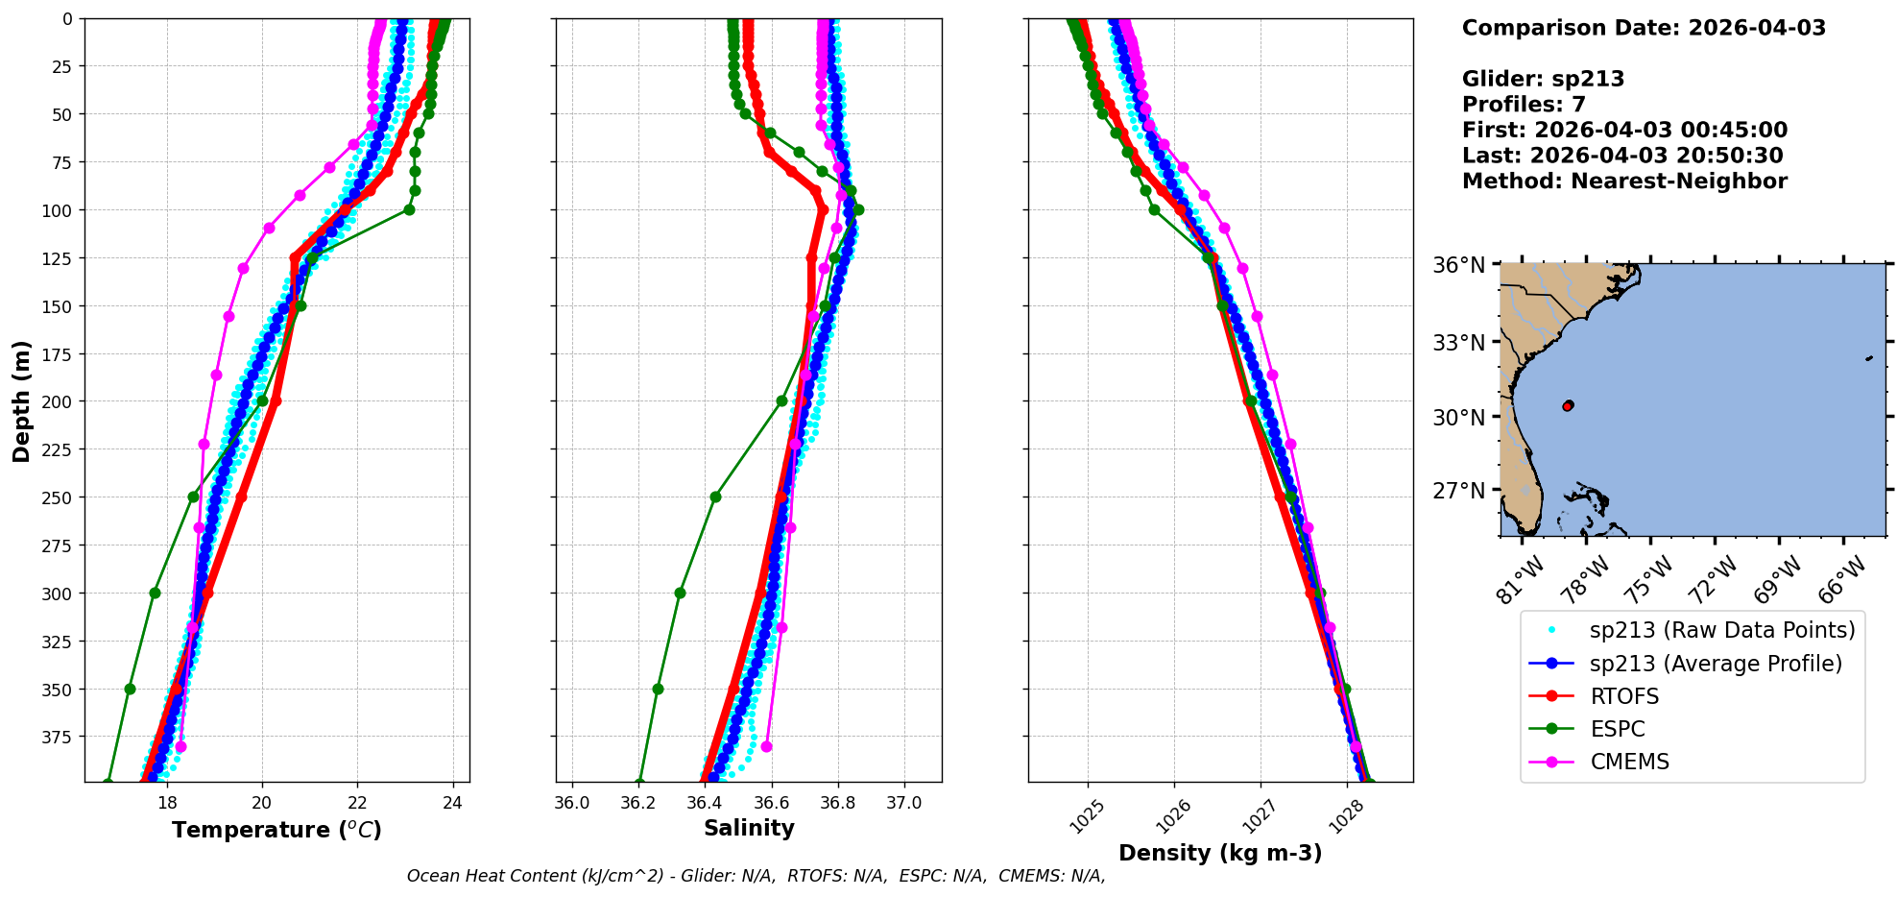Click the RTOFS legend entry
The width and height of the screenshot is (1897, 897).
tap(1624, 696)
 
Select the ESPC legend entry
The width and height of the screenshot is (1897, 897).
tap(1618, 729)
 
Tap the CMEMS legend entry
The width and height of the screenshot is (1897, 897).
tap(1629, 762)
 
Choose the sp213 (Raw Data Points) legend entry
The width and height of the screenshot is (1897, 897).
tap(1722, 630)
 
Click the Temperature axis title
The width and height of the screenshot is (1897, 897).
tap(276, 830)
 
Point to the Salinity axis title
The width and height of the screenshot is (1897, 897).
tap(749, 828)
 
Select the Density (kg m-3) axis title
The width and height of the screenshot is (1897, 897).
tap(1220, 853)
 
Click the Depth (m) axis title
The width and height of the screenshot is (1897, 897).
tap(21, 400)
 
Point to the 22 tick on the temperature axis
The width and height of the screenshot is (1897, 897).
tap(357, 803)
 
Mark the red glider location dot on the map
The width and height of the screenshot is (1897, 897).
tap(1568, 406)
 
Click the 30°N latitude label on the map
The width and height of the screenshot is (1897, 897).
tap(1459, 418)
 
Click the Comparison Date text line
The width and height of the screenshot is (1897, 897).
tap(1644, 28)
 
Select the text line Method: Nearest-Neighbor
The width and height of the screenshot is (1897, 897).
tap(1624, 182)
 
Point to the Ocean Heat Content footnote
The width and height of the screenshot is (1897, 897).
tap(756, 876)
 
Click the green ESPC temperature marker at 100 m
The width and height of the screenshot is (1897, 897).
tap(409, 209)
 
